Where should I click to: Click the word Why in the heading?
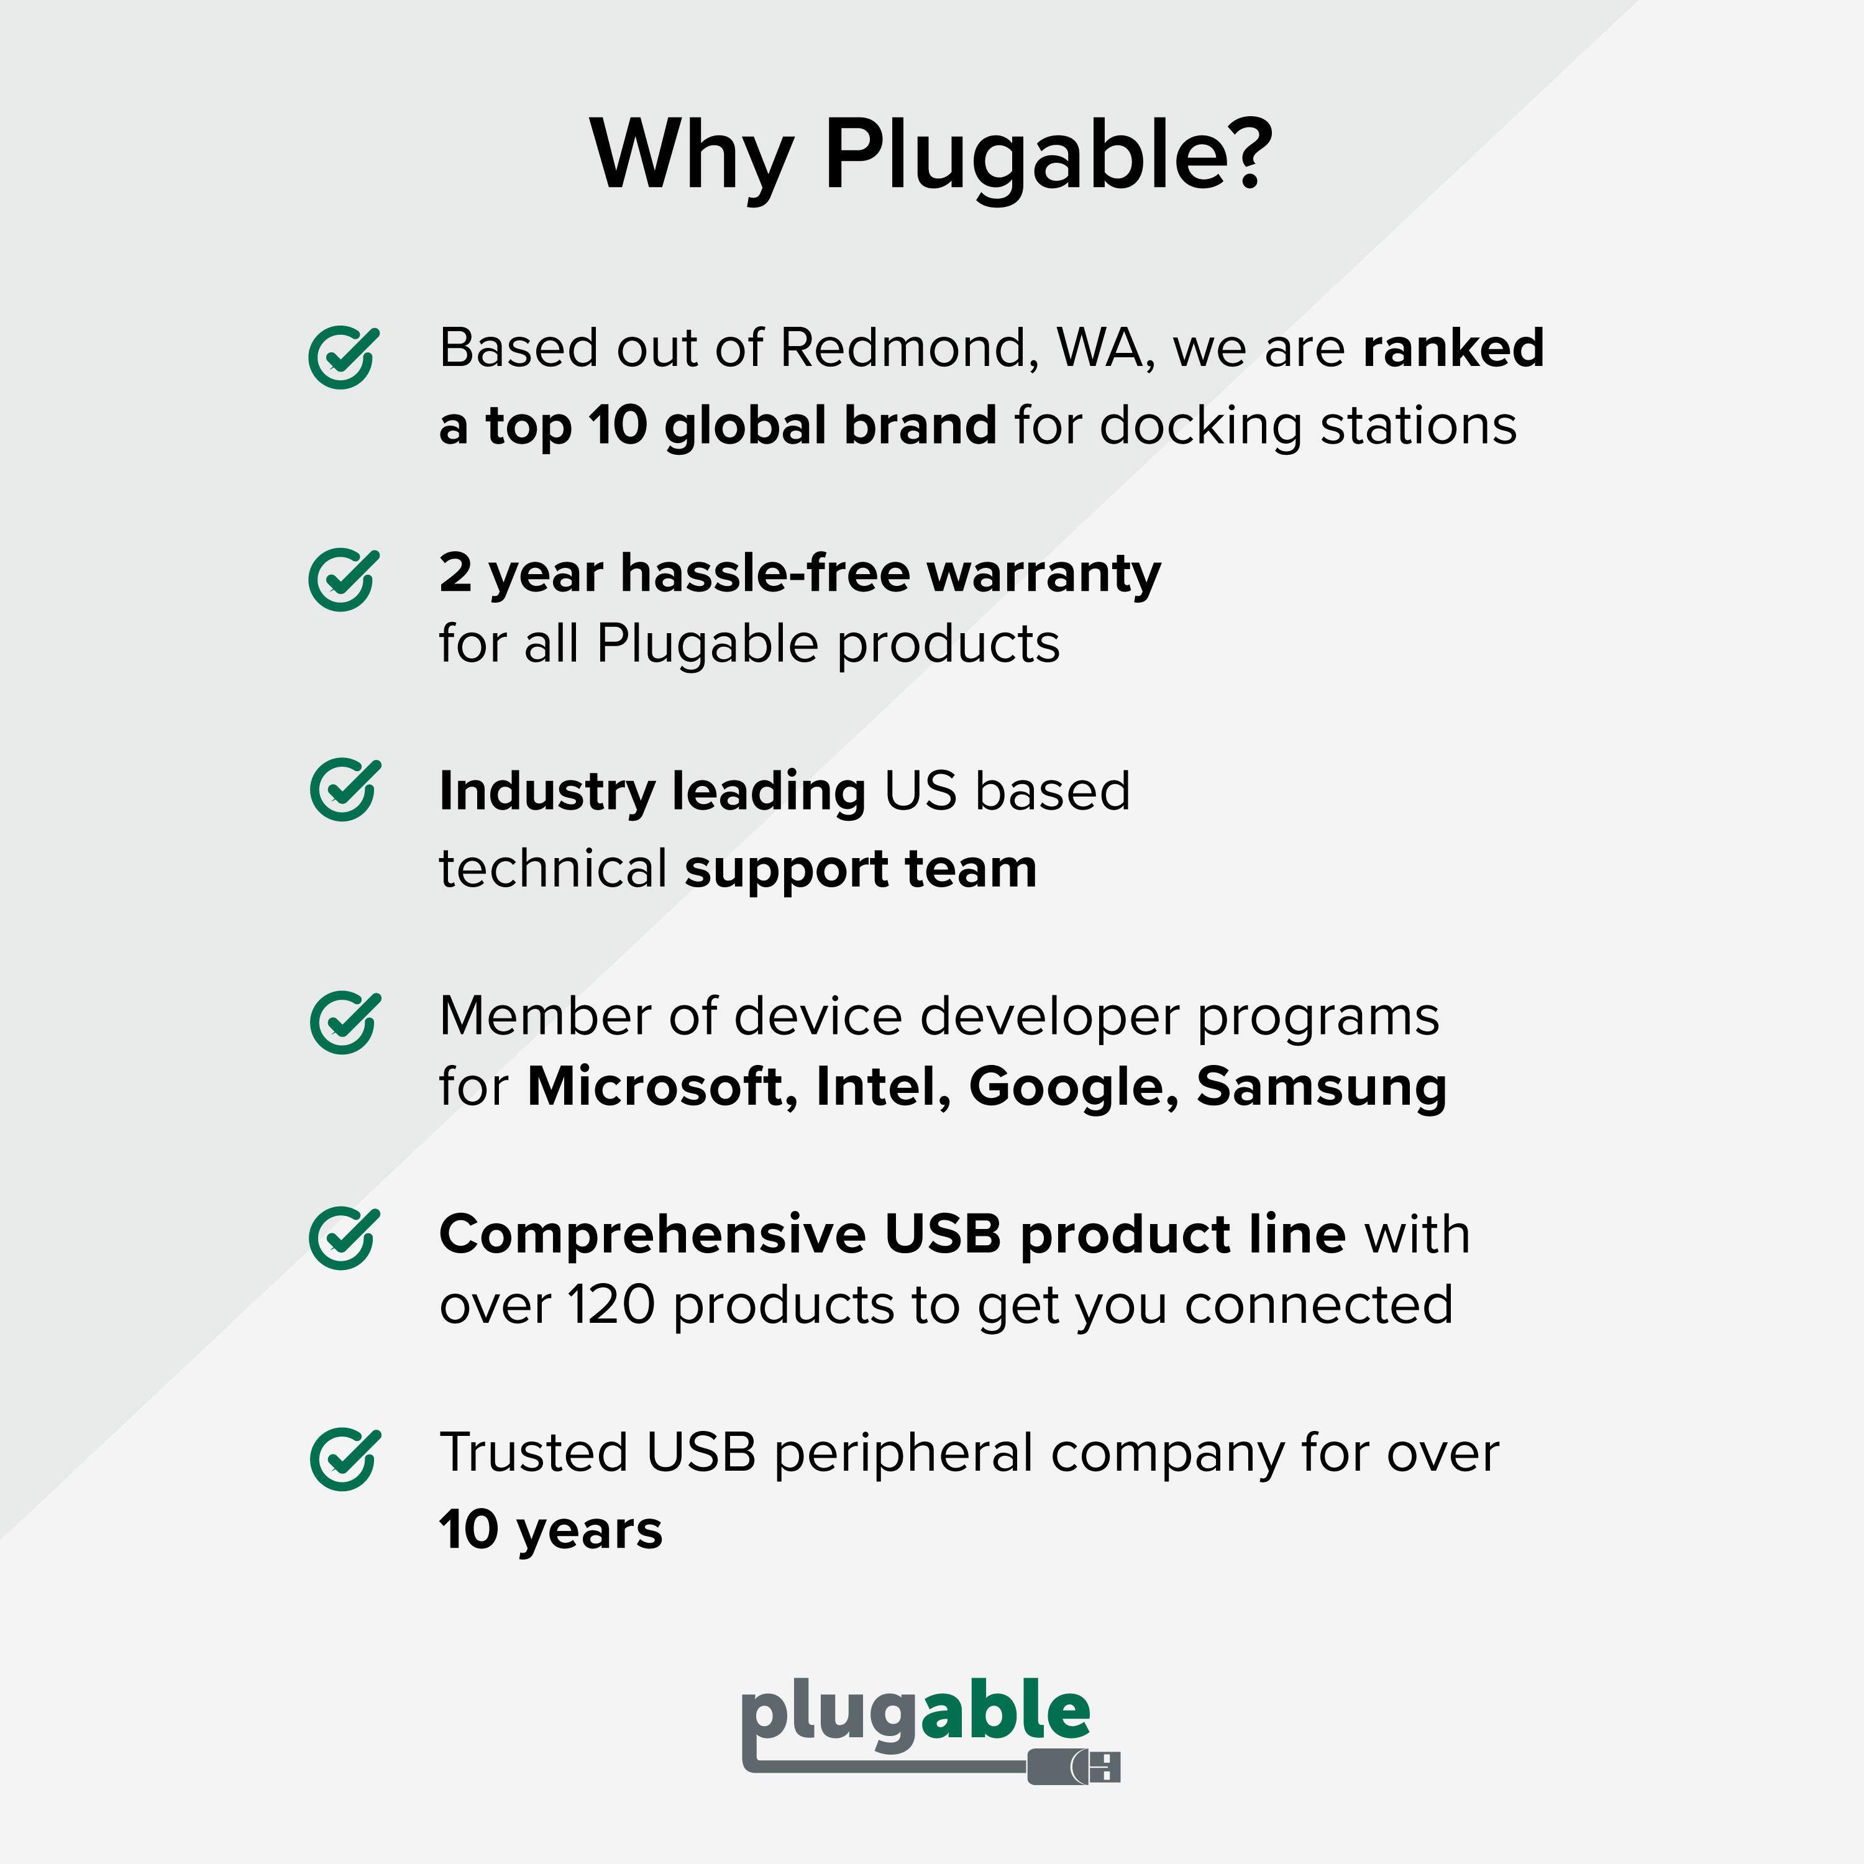[x=692, y=154]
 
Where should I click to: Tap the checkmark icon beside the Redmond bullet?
[x=342, y=358]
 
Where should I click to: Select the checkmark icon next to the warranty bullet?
[x=342, y=580]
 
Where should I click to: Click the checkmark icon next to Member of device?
[x=344, y=1023]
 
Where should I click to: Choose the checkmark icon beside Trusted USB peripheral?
[x=344, y=1460]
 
